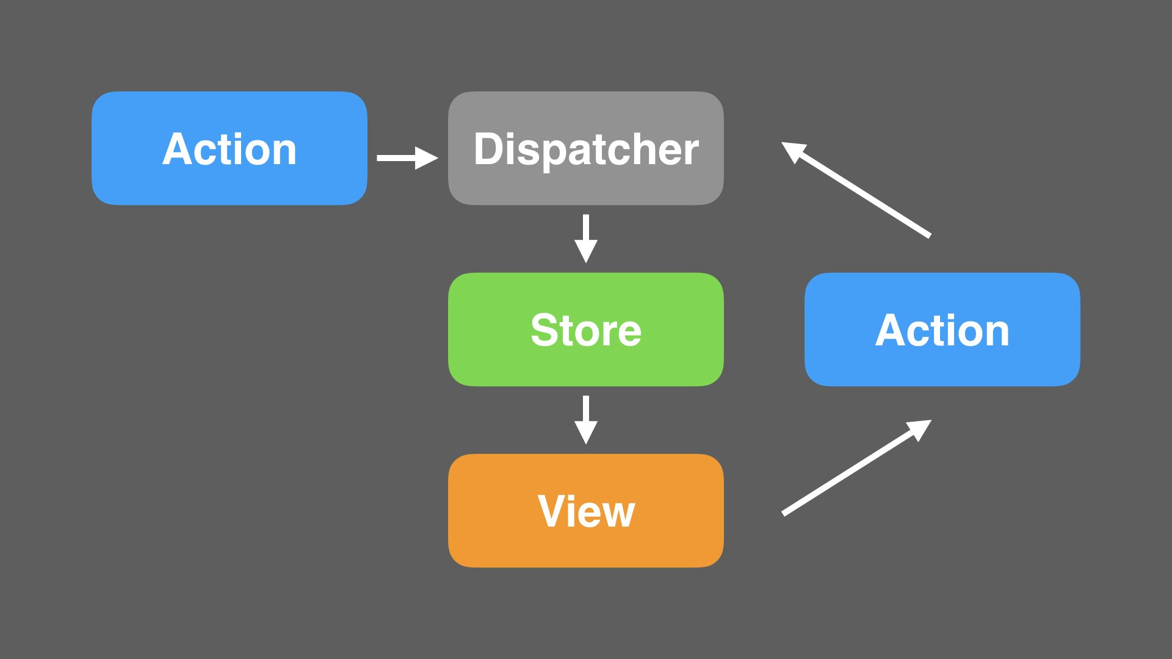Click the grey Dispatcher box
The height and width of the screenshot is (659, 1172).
pyautogui.click(x=586, y=148)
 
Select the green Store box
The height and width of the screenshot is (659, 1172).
pyautogui.click(x=586, y=329)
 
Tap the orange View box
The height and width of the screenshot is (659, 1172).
pyautogui.click(x=586, y=511)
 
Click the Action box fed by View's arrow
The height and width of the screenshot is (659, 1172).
pyautogui.click(x=942, y=329)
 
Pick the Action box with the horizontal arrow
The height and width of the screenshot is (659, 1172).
pyautogui.click(x=230, y=148)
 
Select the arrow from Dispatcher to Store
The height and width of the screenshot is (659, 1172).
pyautogui.click(x=586, y=239)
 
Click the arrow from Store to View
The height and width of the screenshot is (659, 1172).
pyautogui.click(x=586, y=420)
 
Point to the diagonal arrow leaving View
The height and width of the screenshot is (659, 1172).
pyautogui.click(x=856, y=467)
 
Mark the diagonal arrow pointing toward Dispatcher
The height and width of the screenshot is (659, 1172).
pyautogui.click(x=856, y=190)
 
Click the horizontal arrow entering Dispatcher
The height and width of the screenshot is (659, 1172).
pyautogui.click(x=408, y=158)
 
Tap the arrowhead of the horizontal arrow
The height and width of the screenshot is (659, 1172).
pyautogui.click(x=427, y=158)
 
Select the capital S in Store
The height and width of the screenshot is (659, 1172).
pyautogui.click(x=546, y=329)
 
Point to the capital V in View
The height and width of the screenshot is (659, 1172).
pyautogui.click(x=554, y=511)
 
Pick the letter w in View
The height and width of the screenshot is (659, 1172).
pyautogui.click(x=617, y=515)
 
